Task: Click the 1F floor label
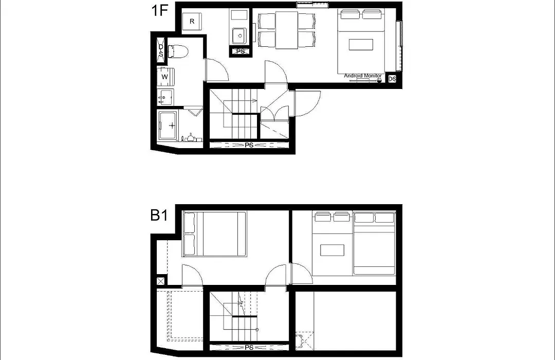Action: click(x=159, y=10)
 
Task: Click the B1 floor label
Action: click(x=159, y=215)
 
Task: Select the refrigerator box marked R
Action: click(x=192, y=21)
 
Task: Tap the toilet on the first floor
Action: click(x=178, y=51)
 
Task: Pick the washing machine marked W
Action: click(x=165, y=77)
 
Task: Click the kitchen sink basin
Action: click(x=240, y=36)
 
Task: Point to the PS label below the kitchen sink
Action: click(x=240, y=51)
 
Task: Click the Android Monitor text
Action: click(x=363, y=76)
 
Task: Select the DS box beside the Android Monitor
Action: click(x=392, y=79)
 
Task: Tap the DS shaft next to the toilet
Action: click(x=161, y=51)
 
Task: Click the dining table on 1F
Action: click(x=287, y=30)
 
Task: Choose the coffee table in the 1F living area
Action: click(x=361, y=45)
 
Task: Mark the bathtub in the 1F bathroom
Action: click(x=168, y=126)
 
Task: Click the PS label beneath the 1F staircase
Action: click(x=249, y=145)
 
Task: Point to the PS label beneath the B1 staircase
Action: click(x=249, y=347)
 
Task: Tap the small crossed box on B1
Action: click(x=161, y=281)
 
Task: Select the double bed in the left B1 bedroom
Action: click(x=214, y=234)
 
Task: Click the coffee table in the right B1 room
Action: click(x=332, y=250)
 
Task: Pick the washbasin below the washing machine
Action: click(x=165, y=97)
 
